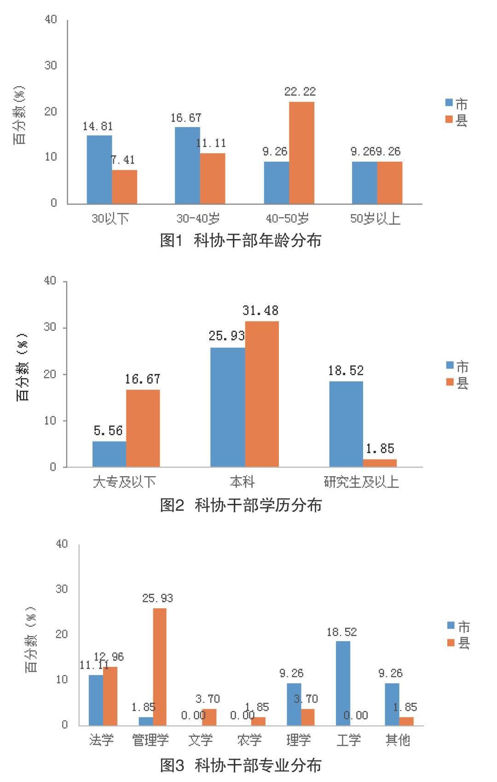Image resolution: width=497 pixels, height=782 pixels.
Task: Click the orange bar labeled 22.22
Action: (x=301, y=153)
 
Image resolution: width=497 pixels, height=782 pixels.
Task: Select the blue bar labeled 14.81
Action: (x=99, y=169)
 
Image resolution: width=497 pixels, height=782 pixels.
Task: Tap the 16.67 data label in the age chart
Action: (x=186, y=118)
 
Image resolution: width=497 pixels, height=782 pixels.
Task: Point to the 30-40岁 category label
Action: (x=198, y=218)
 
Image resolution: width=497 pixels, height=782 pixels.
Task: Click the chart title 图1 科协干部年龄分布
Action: (x=240, y=240)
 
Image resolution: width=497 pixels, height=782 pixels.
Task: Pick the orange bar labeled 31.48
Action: (x=262, y=394)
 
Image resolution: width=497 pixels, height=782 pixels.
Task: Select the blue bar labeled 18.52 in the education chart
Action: (x=346, y=424)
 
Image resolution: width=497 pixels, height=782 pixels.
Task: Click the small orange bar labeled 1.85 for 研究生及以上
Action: (x=380, y=463)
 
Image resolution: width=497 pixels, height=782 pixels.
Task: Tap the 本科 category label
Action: (x=242, y=482)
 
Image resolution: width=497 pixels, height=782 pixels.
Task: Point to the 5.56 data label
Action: (x=108, y=431)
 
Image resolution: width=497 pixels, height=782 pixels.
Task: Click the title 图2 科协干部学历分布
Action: (x=240, y=505)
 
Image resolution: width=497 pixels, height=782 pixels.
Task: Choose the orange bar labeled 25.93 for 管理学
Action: (x=160, y=667)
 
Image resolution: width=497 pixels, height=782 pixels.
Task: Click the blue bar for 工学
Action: (x=343, y=683)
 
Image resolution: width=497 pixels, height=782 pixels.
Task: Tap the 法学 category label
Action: (x=101, y=740)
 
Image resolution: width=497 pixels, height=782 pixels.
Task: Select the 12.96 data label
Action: (x=109, y=656)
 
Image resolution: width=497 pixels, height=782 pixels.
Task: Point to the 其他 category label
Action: (x=398, y=740)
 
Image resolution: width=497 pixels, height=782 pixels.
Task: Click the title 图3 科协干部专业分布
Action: (x=240, y=765)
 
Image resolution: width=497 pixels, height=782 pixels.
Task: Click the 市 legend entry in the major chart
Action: (x=458, y=626)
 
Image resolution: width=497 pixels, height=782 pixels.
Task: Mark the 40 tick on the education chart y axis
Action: (x=50, y=281)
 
